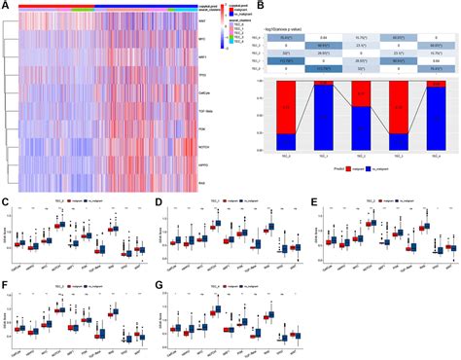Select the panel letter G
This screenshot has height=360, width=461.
tap(158, 285)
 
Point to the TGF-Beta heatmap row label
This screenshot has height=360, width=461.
tap(202, 113)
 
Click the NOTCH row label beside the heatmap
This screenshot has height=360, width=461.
tap(201, 148)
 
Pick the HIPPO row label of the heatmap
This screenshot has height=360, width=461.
tap(201, 165)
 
